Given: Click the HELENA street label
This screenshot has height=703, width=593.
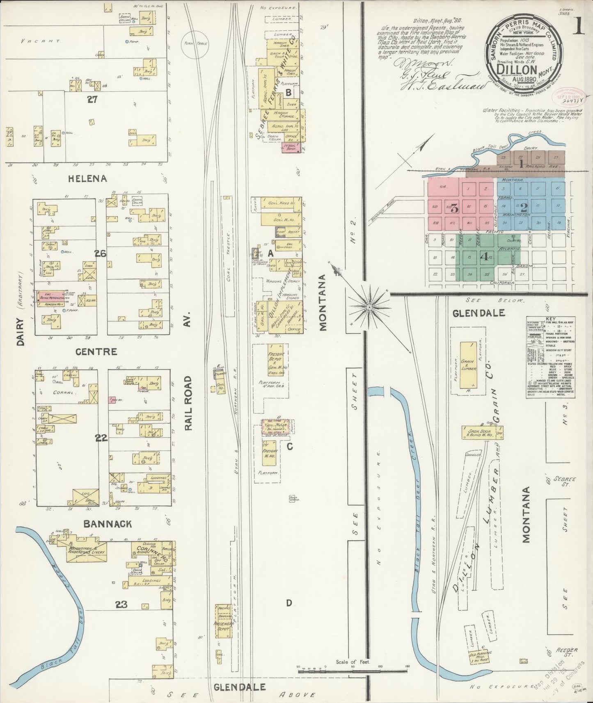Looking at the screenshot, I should [88, 178].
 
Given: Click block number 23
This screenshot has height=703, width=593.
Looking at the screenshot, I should [121, 604].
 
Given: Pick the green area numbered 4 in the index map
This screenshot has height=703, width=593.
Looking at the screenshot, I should [484, 257].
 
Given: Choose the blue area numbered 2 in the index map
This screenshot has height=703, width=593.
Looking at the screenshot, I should [524, 207].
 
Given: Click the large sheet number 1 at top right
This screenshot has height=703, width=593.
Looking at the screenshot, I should [578, 27].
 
